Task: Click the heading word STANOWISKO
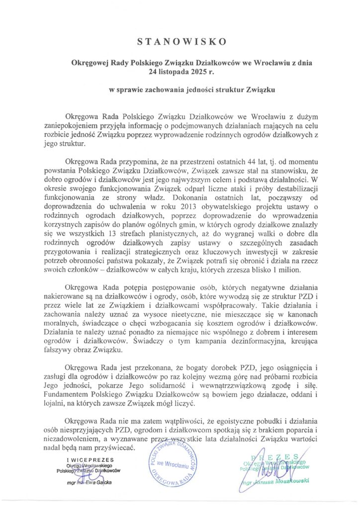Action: click(180, 40)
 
